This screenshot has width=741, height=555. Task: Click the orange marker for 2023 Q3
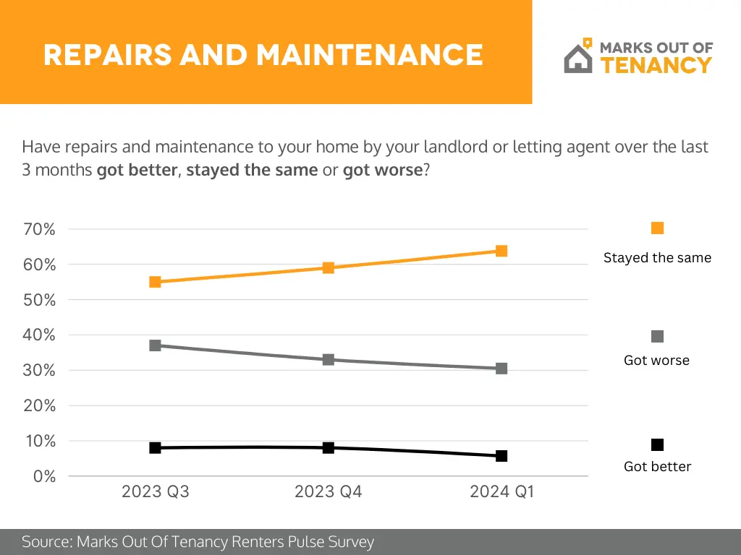click(x=155, y=282)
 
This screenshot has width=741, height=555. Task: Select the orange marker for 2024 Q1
click(x=501, y=251)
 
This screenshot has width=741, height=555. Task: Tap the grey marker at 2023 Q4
click(x=328, y=359)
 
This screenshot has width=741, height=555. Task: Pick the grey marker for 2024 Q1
click(x=501, y=369)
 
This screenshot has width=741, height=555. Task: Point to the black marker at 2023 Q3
click(x=155, y=448)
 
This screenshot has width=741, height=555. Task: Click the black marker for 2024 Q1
click(x=501, y=456)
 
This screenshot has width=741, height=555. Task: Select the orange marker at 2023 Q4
click(x=328, y=267)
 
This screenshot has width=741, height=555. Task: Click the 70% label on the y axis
click(x=41, y=230)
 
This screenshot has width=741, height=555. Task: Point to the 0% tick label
click(x=44, y=476)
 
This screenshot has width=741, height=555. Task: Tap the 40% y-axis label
click(x=41, y=335)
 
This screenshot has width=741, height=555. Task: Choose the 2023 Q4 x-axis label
click(x=328, y=492)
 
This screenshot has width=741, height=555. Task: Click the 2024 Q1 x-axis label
click(x=501, y=492)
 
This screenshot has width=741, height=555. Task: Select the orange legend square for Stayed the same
click(x=657, y=228)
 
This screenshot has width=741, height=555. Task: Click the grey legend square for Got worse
click(x=657, y=337)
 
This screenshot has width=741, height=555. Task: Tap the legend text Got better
click(x=657, y=467)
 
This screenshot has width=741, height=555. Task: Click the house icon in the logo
click(x=577, y=58)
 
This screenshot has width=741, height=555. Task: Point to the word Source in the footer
click(x=46, y=542)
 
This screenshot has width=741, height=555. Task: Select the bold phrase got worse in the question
click(x=382, y=171)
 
